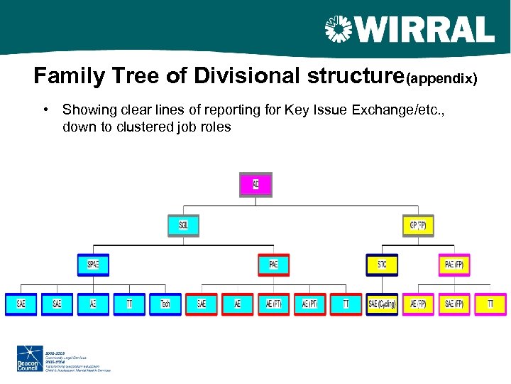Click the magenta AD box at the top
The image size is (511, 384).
point(255,185)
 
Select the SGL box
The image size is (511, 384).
point(184,225)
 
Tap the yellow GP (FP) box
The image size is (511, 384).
point(418,225)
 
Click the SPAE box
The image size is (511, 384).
point(93,265)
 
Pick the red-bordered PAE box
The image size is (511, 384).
point(274,265)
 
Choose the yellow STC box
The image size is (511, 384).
point(382,265)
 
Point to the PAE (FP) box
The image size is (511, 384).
point(454,265)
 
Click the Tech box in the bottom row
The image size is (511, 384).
point(165,304)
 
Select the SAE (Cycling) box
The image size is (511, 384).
point(382,304)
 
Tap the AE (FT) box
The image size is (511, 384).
point(274,304)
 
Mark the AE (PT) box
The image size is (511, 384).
point(310,304)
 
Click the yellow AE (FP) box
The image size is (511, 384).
point(418,304)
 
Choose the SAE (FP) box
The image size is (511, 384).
point(454,304)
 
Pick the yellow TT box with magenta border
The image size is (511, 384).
point(490,304)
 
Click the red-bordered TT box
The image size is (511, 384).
point(346,304)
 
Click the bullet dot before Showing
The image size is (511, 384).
point(45,110)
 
